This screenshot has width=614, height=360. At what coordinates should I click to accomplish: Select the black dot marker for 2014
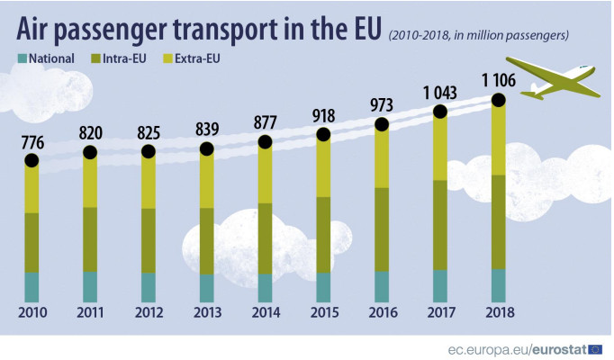265,142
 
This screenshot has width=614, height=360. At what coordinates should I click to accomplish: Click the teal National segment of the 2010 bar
32,287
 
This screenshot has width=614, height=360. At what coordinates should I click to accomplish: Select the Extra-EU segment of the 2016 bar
383,157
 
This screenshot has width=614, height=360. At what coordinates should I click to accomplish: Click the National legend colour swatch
21,59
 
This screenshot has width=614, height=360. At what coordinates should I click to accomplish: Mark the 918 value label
323,115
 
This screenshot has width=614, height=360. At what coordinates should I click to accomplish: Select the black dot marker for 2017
440,112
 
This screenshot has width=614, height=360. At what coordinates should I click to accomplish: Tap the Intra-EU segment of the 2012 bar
149,240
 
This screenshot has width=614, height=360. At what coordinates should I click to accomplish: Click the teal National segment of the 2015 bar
323,287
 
